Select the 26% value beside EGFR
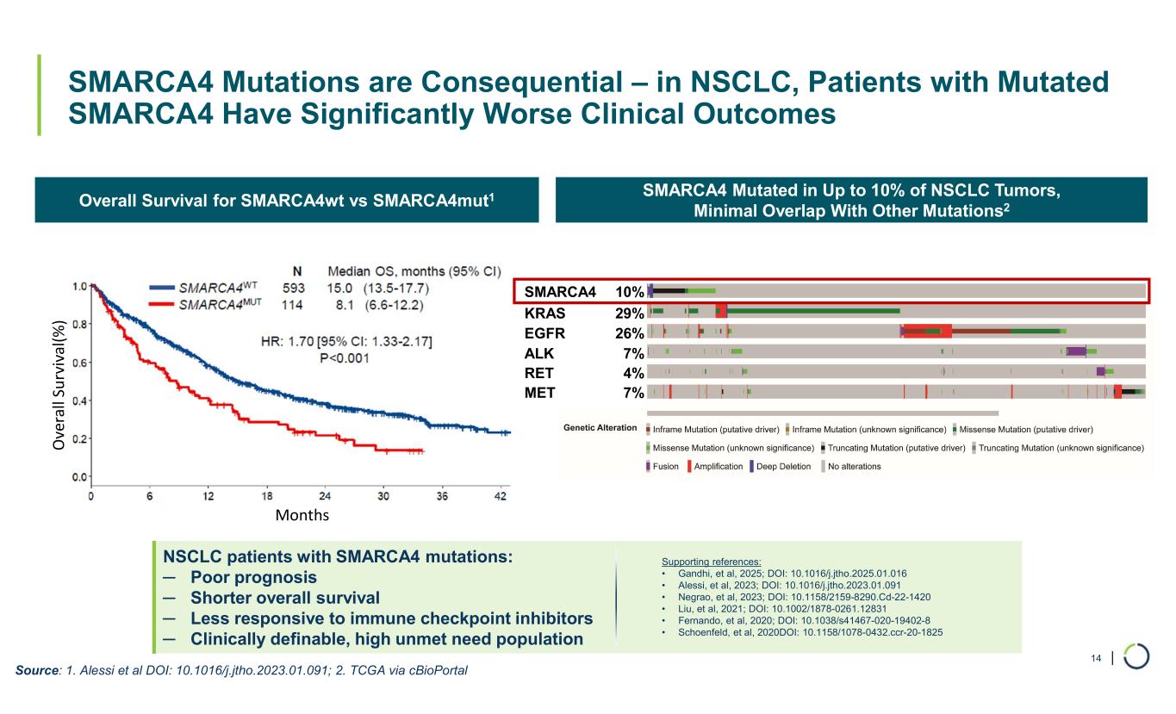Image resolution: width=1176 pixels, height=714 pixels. point(630,332)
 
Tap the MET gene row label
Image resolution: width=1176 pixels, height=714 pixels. point(540,393)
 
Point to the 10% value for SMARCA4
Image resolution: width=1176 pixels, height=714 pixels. point(630,292)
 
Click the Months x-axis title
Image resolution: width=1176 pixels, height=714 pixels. point(302,515)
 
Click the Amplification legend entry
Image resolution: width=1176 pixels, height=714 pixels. point(714,467)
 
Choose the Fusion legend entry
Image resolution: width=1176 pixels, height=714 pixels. point(662,467)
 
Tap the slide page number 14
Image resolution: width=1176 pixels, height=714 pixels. point(1097,659)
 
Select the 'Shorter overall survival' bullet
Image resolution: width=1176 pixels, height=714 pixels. point(284,598)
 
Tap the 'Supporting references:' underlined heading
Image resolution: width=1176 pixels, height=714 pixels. point(711,562)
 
